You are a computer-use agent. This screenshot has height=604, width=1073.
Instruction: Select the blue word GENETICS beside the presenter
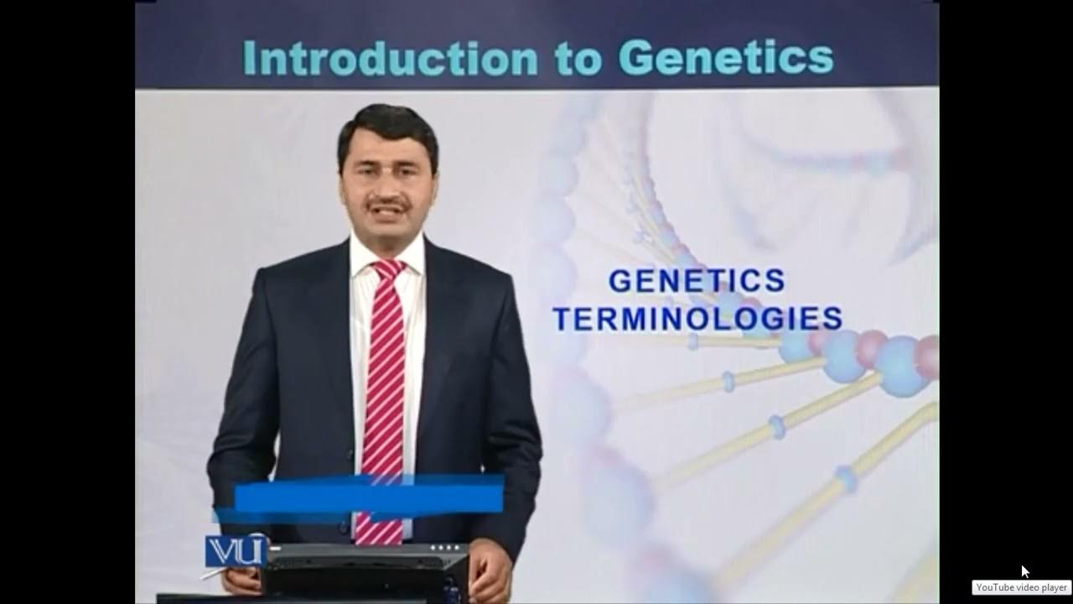[x=697, y=281]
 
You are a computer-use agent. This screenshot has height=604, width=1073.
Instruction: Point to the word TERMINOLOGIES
[x=697, y=319]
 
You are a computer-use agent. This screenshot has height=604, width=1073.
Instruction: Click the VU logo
[x=236, y=551]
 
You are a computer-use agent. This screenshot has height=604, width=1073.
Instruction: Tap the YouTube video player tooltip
[x=1021, y=587]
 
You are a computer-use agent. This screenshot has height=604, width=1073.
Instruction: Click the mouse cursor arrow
[x=1024, y=570]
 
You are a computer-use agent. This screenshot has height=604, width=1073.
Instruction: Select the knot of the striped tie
[x=387, y=270]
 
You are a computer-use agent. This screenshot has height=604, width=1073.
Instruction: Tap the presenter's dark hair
[x=387, y=126]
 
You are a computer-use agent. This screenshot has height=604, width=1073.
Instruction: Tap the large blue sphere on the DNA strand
[x=899, y=366]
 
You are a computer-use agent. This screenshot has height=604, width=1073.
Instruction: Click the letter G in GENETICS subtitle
[x=619, y=281]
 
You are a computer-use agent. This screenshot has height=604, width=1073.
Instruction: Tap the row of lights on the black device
[x=448, y=548]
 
